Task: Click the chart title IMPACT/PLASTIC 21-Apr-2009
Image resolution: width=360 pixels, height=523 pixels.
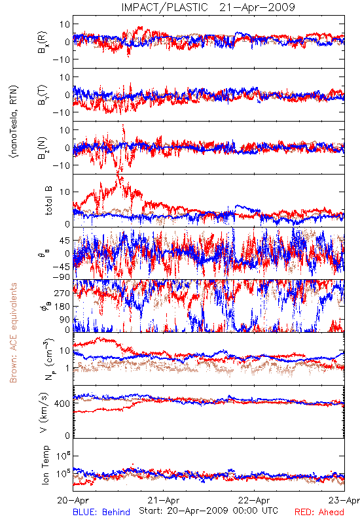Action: pyautogui.click(x=208, y=7)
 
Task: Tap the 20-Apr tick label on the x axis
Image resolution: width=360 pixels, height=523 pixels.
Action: pyautogui.click(x=73, y=500)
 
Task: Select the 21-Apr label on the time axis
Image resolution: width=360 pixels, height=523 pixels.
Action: pyautogui.click(x=164, y=500)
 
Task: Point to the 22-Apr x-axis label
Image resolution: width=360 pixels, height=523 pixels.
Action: pyautogui.click(x=254, y=500)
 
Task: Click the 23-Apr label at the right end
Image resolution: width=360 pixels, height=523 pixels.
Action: pyautogui.click(x=344, y=500)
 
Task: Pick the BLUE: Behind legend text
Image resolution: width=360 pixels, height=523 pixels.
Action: pyautogui.click(x=101, y=512)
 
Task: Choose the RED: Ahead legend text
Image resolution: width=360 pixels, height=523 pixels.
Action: pyautogui.click(x=319, y=512)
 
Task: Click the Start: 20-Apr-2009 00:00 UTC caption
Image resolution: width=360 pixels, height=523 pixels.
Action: pyautogui.click(x=208, y=511)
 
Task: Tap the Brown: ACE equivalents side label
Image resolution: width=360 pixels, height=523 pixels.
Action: pyautogui.click(x=13, y=333)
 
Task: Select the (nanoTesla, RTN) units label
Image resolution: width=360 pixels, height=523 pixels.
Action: pyautogui.click(x=14, y=122)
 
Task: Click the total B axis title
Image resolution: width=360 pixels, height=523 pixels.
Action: pyautogui.click(x=48, y=201)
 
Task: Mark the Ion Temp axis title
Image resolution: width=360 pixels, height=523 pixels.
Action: pyautogui.click(x=45, y=465)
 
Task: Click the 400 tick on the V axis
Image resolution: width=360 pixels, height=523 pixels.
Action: pyautogui.click(x=62, y=403)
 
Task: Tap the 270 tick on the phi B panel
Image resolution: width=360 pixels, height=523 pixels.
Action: pyautogui.click(x=62, y=293)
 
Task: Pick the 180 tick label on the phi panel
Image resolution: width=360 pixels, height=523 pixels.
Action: pyautogui.click(x=62, y=307)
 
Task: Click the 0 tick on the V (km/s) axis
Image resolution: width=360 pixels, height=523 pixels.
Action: pyautogui.click(x=67, y=435)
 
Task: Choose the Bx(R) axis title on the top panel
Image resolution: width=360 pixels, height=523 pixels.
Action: pyautogui.click(x=43, y=42)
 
